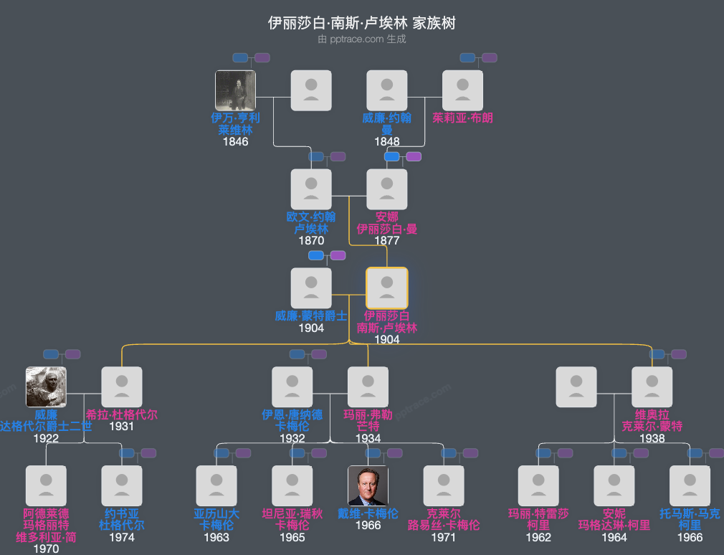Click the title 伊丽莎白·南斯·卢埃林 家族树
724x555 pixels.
(x=361, y=23)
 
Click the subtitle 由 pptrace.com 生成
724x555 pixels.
(x=361, y=39)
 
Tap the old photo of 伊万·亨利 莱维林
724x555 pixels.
(x=235, y=90)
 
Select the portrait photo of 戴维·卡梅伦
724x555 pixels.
(x=368, y=485)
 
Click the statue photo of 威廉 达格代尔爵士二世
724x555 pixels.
(x=46, y=387)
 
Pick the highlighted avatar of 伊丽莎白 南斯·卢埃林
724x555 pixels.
(x=387, y=288)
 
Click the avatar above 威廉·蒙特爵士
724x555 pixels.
(x=311, y=288)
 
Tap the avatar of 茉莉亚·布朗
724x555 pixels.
(x=462, y=90)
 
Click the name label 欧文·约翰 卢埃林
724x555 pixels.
(x=311, y=223)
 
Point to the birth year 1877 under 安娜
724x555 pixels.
(x=387, y=241)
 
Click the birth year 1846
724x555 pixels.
(x=235, y=142)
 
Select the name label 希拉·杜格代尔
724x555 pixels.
(x=122, y=414)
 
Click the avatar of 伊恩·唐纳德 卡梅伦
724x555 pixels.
(x=292, y=387)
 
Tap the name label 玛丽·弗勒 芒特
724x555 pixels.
(x=368, y=420)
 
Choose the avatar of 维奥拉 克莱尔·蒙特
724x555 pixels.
(x=652, y=387)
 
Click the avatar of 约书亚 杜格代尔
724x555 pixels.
(x=122, y=485)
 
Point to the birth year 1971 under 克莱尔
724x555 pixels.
(x=444, y=537)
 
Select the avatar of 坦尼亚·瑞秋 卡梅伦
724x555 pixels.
(x=292, y=485)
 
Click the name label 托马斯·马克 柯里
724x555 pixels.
(x=690, y=519)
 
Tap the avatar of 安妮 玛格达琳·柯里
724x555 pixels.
(x=614, y=485)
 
